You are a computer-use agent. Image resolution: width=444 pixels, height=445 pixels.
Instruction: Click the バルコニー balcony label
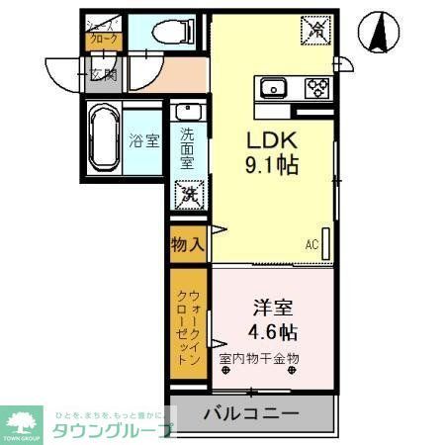tap(251, 410)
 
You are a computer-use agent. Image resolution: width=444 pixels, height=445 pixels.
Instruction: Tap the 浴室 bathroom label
tap(144, 140)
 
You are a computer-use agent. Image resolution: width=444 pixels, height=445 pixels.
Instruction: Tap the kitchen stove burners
tap(317, 88)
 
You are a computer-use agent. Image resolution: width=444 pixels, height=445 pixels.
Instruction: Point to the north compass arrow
tap(378, 32)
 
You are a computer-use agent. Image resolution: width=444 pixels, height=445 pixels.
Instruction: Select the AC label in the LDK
tap(311, 243)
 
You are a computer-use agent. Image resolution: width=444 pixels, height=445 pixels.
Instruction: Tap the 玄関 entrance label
tap(103, 75)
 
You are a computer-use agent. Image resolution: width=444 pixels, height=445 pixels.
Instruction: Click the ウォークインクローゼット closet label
tap(188, 325)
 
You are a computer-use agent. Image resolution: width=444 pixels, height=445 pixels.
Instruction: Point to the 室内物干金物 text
tap(259, 357)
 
